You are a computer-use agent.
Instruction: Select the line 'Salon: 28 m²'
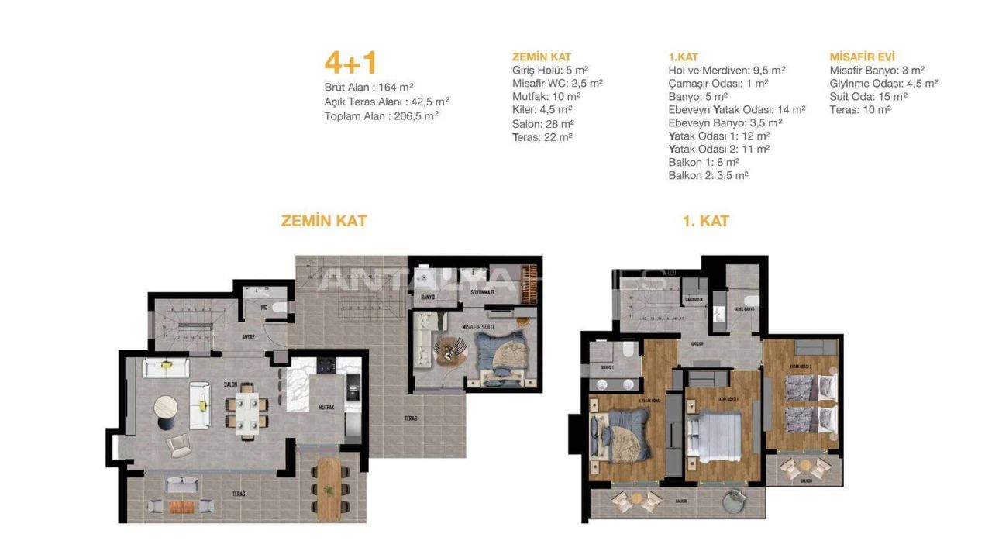point(542,123)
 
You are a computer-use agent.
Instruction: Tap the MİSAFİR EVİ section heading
point(862,57)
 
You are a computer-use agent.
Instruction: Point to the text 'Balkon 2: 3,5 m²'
point(708,176)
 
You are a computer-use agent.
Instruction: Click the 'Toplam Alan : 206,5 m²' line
point(381,115)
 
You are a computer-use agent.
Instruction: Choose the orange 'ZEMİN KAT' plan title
point(323,221)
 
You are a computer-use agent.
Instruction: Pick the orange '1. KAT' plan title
point(705,221)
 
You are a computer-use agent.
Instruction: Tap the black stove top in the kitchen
point(325,365)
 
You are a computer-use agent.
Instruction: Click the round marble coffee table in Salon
point(166,407)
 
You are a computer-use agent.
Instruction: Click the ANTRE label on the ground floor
point(248,336)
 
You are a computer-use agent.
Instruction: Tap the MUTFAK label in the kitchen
point(325,407)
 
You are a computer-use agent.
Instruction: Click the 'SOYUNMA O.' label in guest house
point(482,292)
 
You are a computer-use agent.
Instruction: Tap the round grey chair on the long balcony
point(732,501)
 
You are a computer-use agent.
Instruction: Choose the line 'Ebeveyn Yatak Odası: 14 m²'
point(736,110)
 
